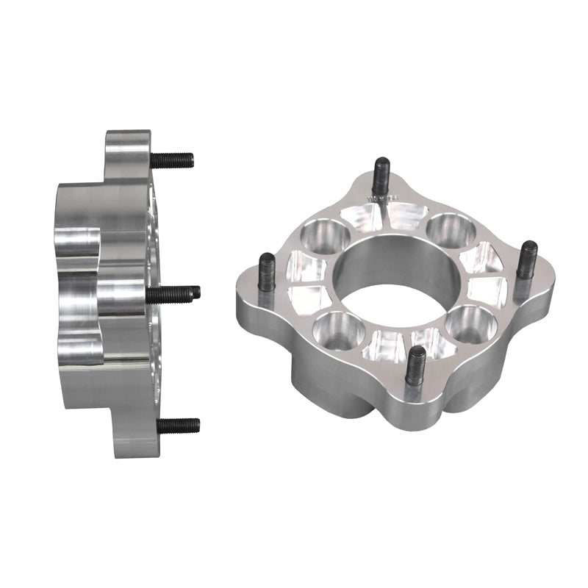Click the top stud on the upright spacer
(173, 159)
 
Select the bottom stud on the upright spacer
(178, 425)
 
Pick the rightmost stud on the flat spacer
(526, 258)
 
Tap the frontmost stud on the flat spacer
(415, 364)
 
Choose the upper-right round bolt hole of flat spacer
(450, 229)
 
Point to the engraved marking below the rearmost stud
(384, 198)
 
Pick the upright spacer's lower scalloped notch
(79, 345)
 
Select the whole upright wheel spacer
(110, 294)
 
